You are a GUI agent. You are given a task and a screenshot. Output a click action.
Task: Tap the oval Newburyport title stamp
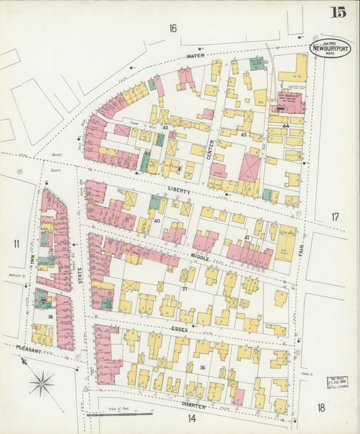pos(330,48)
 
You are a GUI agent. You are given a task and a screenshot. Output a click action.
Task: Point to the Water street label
pos(195,55)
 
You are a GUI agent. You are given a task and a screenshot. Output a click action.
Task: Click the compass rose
pos(43,384)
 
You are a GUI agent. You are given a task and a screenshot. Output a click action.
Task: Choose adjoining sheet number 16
pos(174,28)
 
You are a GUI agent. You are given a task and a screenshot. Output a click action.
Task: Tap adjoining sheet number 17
pos(335,217)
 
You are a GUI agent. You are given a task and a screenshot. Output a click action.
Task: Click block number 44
pos(286,126)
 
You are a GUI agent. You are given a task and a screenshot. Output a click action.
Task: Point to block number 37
pos(184,288)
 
